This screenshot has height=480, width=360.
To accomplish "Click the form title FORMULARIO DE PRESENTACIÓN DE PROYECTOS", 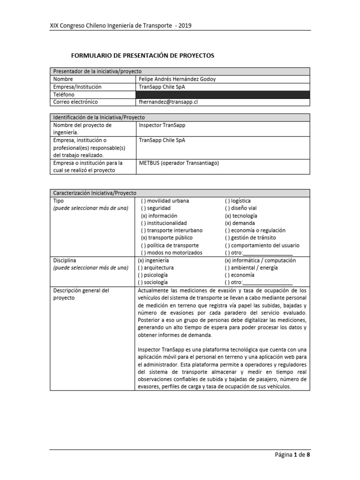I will coord(142,55).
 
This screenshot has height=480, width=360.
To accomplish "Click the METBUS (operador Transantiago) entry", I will coord(179,163).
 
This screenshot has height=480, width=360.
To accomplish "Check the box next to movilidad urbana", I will coord(144,201).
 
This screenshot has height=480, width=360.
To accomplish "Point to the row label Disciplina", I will coord(65,260).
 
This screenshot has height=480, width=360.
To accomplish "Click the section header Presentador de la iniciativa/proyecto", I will coord(97,71).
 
